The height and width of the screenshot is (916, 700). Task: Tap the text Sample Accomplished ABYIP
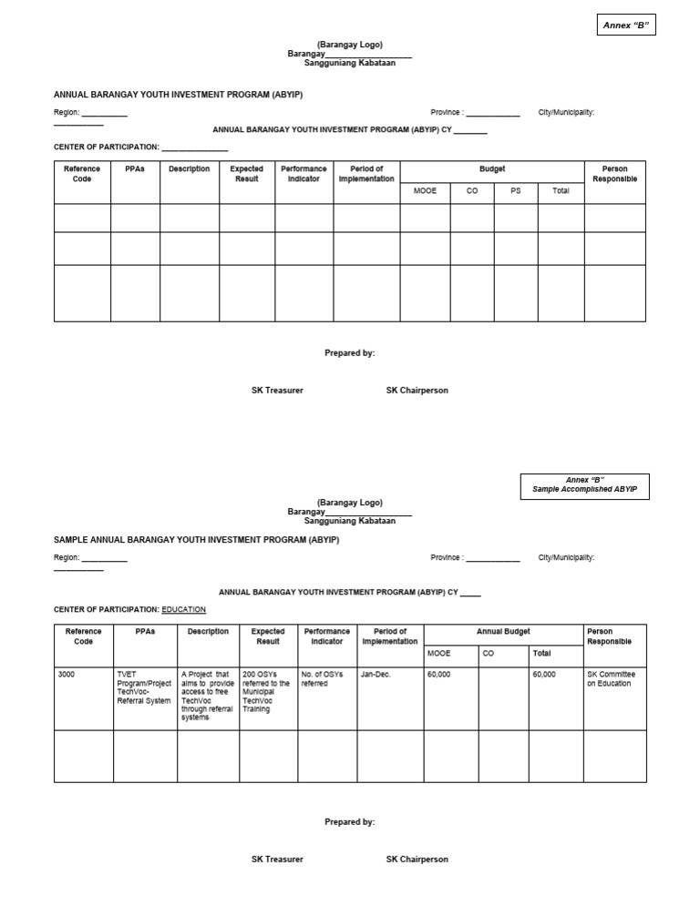[584, 490]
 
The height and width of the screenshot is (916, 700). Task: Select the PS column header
[515, 191]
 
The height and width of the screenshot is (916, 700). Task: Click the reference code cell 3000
[67, 675]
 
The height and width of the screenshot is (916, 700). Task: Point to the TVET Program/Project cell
[144, 687]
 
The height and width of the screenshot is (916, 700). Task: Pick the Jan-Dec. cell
[375, 675]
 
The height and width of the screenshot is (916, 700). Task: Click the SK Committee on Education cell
[611, 679]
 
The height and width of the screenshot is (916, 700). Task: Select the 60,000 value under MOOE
[438, 675]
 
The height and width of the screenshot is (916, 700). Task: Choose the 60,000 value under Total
[544, 675]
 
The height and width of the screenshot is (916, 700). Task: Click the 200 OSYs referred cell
[266, 692]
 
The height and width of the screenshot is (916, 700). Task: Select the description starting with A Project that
[208, 696]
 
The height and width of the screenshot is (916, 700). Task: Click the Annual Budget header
[503, 632]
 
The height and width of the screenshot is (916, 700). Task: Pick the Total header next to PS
[561, 191]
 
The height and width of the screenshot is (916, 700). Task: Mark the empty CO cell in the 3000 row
[503, 697]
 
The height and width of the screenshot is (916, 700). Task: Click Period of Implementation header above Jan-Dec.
[390, 636]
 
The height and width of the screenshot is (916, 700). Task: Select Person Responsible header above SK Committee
[609, 636]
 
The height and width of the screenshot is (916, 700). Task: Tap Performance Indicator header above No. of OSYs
[326, 636]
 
